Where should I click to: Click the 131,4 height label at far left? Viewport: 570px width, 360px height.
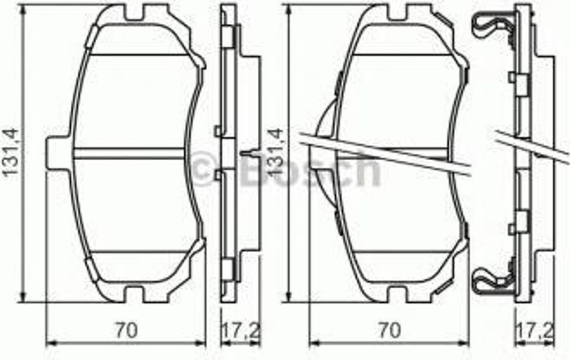click(11, 153)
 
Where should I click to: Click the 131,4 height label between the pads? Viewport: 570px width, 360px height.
click(276, 153)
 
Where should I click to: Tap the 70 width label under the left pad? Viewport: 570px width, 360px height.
click(126, 330)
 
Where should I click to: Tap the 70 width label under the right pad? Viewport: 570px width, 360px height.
click(389, 330)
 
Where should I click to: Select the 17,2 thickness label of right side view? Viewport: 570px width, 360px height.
click(540, 330)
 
